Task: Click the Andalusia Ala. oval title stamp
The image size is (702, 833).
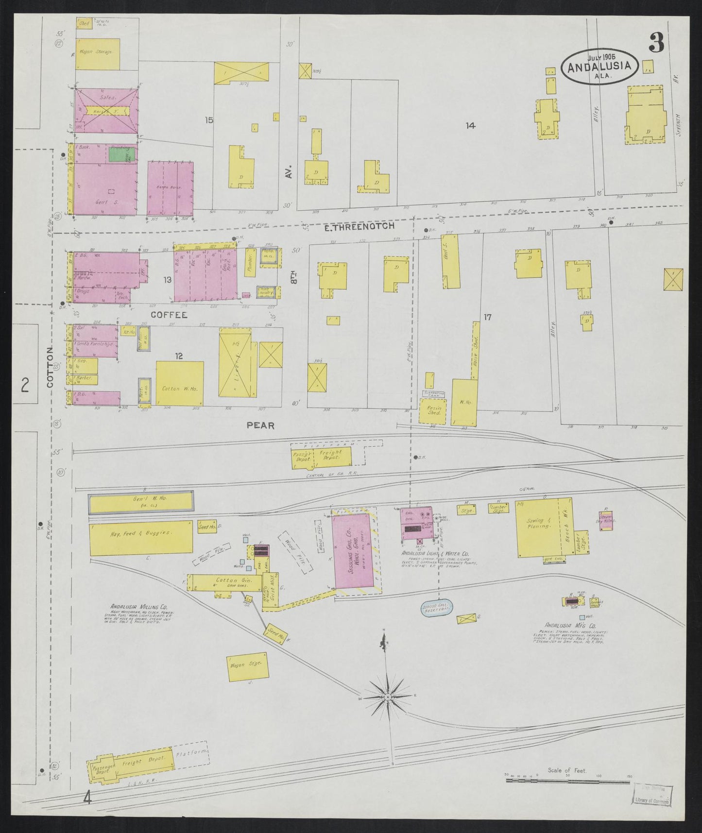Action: coord(599,67)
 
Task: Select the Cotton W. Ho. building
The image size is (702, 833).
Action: coord(179,384)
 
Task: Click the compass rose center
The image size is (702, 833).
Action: coord(388,697)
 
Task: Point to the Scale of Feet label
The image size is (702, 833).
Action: coord(566,770)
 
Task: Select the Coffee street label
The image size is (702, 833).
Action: coord(169,315)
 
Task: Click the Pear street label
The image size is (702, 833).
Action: coord(260,425)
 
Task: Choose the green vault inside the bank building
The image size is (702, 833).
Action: coord(121,155)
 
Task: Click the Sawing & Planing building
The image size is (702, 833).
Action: coord(538,527)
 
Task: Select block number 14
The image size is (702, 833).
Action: coord(470,126)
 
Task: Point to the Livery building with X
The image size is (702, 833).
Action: coord(236,369)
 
